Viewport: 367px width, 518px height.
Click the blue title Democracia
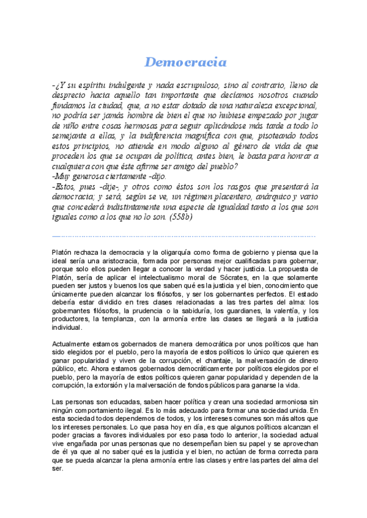185,62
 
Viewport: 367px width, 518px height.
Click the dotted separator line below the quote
183,235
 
